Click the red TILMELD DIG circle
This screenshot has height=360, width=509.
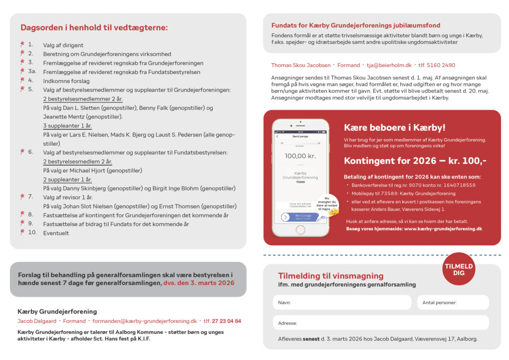click(x=459, y=269)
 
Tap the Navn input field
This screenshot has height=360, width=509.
click(x=342, y=302)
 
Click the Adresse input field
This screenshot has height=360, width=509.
click(x=380, y=323)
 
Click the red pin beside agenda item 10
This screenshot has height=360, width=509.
click(x=22, y=232)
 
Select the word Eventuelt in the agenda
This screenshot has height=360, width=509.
click(x=56, y=233)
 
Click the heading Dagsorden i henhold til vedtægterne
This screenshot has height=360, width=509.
click(x=94, y=28)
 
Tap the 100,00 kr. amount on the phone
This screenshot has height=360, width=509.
click(x=300, y=156)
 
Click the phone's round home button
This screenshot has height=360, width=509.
click(x=300, y=230)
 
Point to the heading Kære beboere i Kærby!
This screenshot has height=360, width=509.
click(x=395, y=127)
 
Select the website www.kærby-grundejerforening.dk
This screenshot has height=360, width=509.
click(x=443, y=229)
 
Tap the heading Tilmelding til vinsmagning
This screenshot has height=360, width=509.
click(x=331, y=276)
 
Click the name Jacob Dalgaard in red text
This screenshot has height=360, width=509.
click(x=37, y=321)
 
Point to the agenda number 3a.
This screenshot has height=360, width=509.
click(x=31, y=72)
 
